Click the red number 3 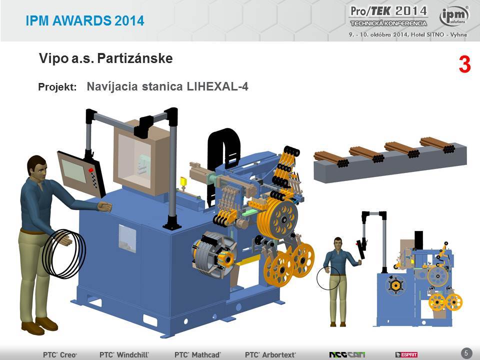coord(464,64)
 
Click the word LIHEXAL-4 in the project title coord(217,86)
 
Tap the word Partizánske coord(135,58)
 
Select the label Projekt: coord(57,87)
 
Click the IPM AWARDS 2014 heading coord(85,21)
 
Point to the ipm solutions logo coord(454,16)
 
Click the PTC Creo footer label coord(60,355)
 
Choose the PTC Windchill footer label coord(124,355)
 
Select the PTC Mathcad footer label coord(197,355)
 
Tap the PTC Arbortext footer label coord(270,355)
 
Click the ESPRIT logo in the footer coord(406,355)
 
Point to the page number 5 coord(466,353)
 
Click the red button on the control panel coord(91,170)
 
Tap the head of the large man coord(36,167)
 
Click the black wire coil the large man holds coord(64,254)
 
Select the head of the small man coord(337,243)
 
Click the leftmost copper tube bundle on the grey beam coord(331,159)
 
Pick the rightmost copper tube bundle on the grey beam coord(437,145)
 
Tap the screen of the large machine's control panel coord(74,171)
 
